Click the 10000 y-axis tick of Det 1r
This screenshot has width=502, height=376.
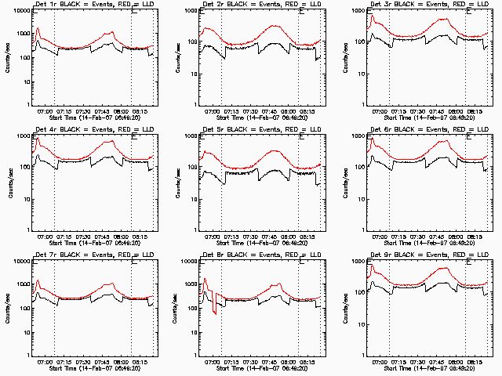[21, 11]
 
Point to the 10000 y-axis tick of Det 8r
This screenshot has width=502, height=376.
[188, 262]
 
